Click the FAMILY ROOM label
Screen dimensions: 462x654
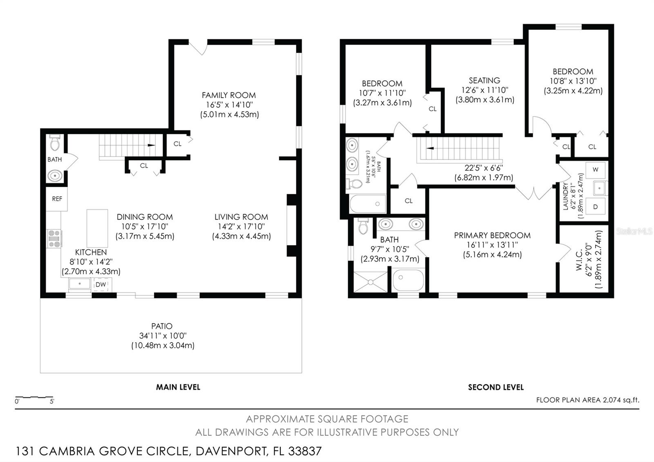click(x=228, y=95)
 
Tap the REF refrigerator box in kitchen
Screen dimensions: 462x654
click(x=57, y=199)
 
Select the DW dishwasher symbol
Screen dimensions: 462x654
click(x=101, y=285)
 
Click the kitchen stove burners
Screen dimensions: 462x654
click(x=54, y=239)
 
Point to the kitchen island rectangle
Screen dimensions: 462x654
click(x=97, y=228)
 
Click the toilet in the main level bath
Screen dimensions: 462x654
click(x=55, y=143)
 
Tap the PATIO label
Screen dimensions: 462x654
click(x=162, y=326)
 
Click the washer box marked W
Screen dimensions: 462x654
click(x=595, y=169)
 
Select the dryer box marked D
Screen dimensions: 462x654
click(x=595, y=207)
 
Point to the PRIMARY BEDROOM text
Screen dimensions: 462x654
click(x=492, y=235)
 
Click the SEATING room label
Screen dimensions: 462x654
click(x=484, y=81)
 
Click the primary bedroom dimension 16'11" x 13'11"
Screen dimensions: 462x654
click(x=492, y=245)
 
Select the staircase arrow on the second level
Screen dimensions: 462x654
click(x=430, y=148)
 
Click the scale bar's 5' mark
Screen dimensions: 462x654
click(x=52, y=401)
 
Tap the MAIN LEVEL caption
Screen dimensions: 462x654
click(x=178, y=387)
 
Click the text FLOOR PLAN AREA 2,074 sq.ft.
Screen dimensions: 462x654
click(x=587, y=400)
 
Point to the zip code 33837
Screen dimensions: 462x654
click(x=305, y=451)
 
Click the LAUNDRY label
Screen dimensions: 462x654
click(x=566, y=196)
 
